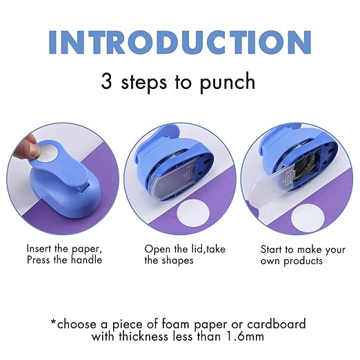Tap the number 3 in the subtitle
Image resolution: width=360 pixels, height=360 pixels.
[108, 81]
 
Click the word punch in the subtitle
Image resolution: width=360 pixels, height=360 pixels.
[223, 82]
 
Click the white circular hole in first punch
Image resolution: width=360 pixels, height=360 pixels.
[48, 147]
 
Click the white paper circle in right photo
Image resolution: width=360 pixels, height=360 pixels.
[306, 219]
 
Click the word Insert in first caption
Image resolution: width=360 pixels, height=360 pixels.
[39, 248]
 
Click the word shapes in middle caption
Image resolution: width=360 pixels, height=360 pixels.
[177, 261]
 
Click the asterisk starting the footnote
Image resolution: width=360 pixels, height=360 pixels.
[54, 321]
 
